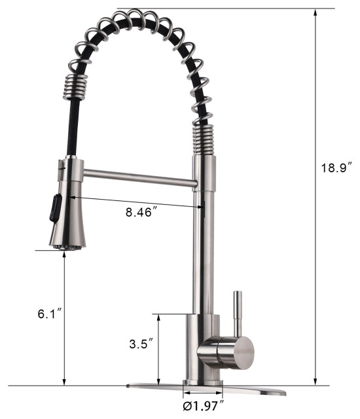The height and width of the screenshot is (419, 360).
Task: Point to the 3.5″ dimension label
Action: tap(141, 343)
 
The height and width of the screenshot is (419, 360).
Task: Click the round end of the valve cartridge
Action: tap(242, 354)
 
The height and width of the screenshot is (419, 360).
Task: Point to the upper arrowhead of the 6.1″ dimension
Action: tap(64, 256)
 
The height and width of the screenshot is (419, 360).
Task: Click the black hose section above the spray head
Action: tap(70, 131)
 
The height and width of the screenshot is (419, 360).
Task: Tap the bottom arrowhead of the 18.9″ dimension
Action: tap(316, 382)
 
